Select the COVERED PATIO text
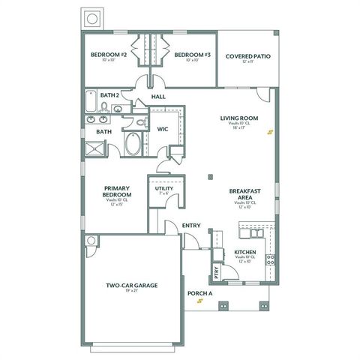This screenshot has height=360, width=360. [x=247, y=55]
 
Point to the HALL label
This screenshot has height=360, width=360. [x=158, y=97]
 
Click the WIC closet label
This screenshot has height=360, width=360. [x=162, y=129]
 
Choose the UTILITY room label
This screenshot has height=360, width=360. [x=164, y=188]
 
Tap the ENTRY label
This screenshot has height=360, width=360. [x=191, y=225]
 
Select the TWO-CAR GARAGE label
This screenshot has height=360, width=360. [x=131, y=286]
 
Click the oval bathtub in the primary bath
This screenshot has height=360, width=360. [x=133, y=143]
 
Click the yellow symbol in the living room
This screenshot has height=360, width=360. [x=271, y=133]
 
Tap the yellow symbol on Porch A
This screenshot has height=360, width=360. [x=199, y=302]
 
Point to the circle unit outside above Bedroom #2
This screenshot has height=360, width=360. [x=93, y=18]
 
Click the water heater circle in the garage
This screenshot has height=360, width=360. [x=91, y=241]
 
